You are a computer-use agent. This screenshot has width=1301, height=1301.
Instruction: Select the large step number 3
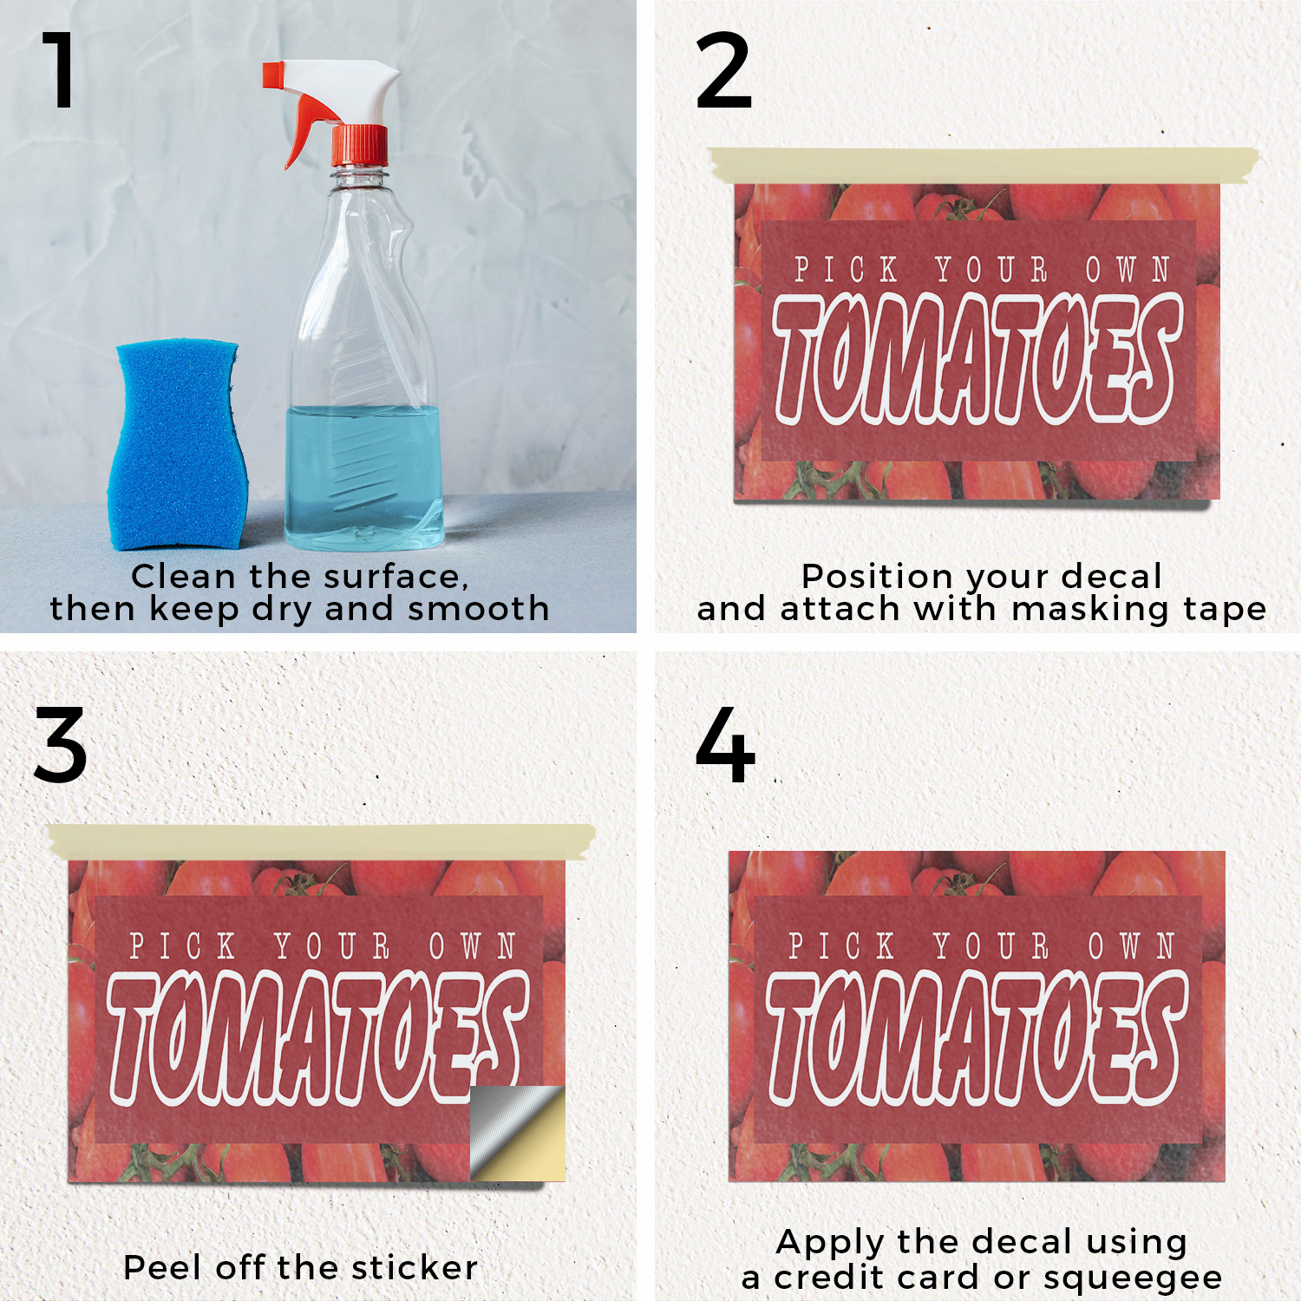coord(61,744)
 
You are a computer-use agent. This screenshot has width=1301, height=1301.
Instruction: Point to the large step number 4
coord(725,744)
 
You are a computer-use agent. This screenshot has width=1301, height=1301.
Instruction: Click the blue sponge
coord(177,444)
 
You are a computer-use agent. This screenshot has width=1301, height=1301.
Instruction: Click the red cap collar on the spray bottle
coord(360,146)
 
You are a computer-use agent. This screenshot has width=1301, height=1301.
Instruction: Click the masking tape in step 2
coord(984,165)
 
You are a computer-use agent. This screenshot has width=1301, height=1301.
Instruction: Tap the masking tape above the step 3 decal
coord(322,841)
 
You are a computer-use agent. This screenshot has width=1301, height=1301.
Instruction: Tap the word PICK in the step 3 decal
coord(182,945)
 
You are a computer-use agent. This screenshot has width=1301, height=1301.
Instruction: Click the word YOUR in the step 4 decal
coord(991,945)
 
